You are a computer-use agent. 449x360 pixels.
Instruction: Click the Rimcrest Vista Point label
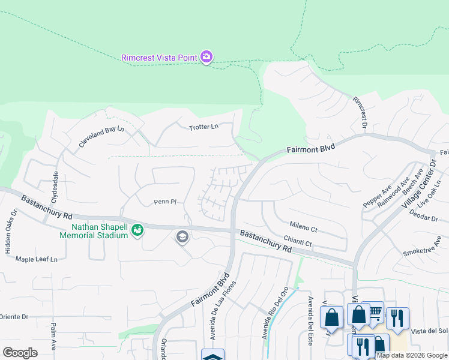pos(159,58)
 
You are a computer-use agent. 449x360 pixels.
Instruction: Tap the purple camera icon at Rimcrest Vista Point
pos(206,57)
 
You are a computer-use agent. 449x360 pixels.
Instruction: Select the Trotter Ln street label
pos(203,127)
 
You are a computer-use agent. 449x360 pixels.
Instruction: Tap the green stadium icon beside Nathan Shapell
pos(137,230)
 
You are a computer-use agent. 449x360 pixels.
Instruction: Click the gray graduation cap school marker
pos(182,237)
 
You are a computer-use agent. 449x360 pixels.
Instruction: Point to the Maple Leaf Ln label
pos(36,259)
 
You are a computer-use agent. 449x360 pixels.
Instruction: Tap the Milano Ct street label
pos(303,228)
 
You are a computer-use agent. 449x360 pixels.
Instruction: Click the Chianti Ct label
pos(300,243)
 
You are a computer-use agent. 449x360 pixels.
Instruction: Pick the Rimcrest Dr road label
pos(359,112)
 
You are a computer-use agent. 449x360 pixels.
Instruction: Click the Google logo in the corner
pos(20,352)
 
